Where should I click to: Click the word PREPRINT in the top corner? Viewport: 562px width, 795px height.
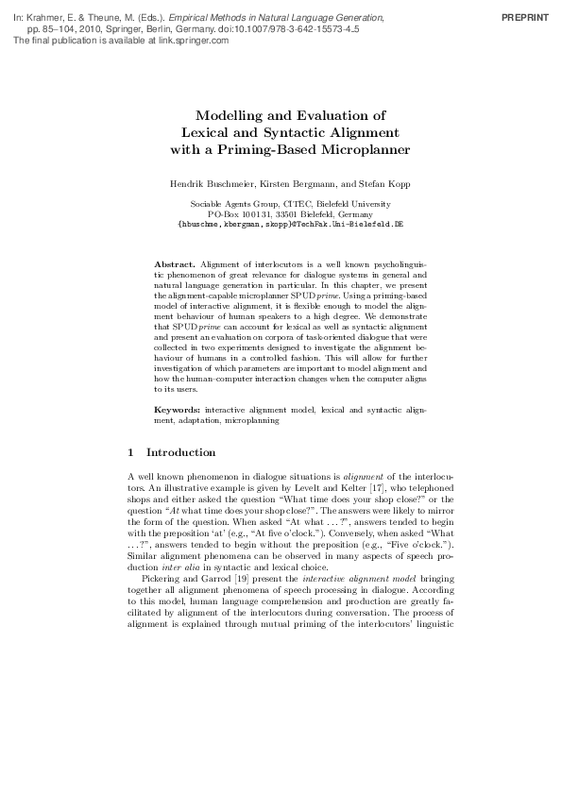point(525,18)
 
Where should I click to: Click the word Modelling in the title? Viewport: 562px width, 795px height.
point(227,115)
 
